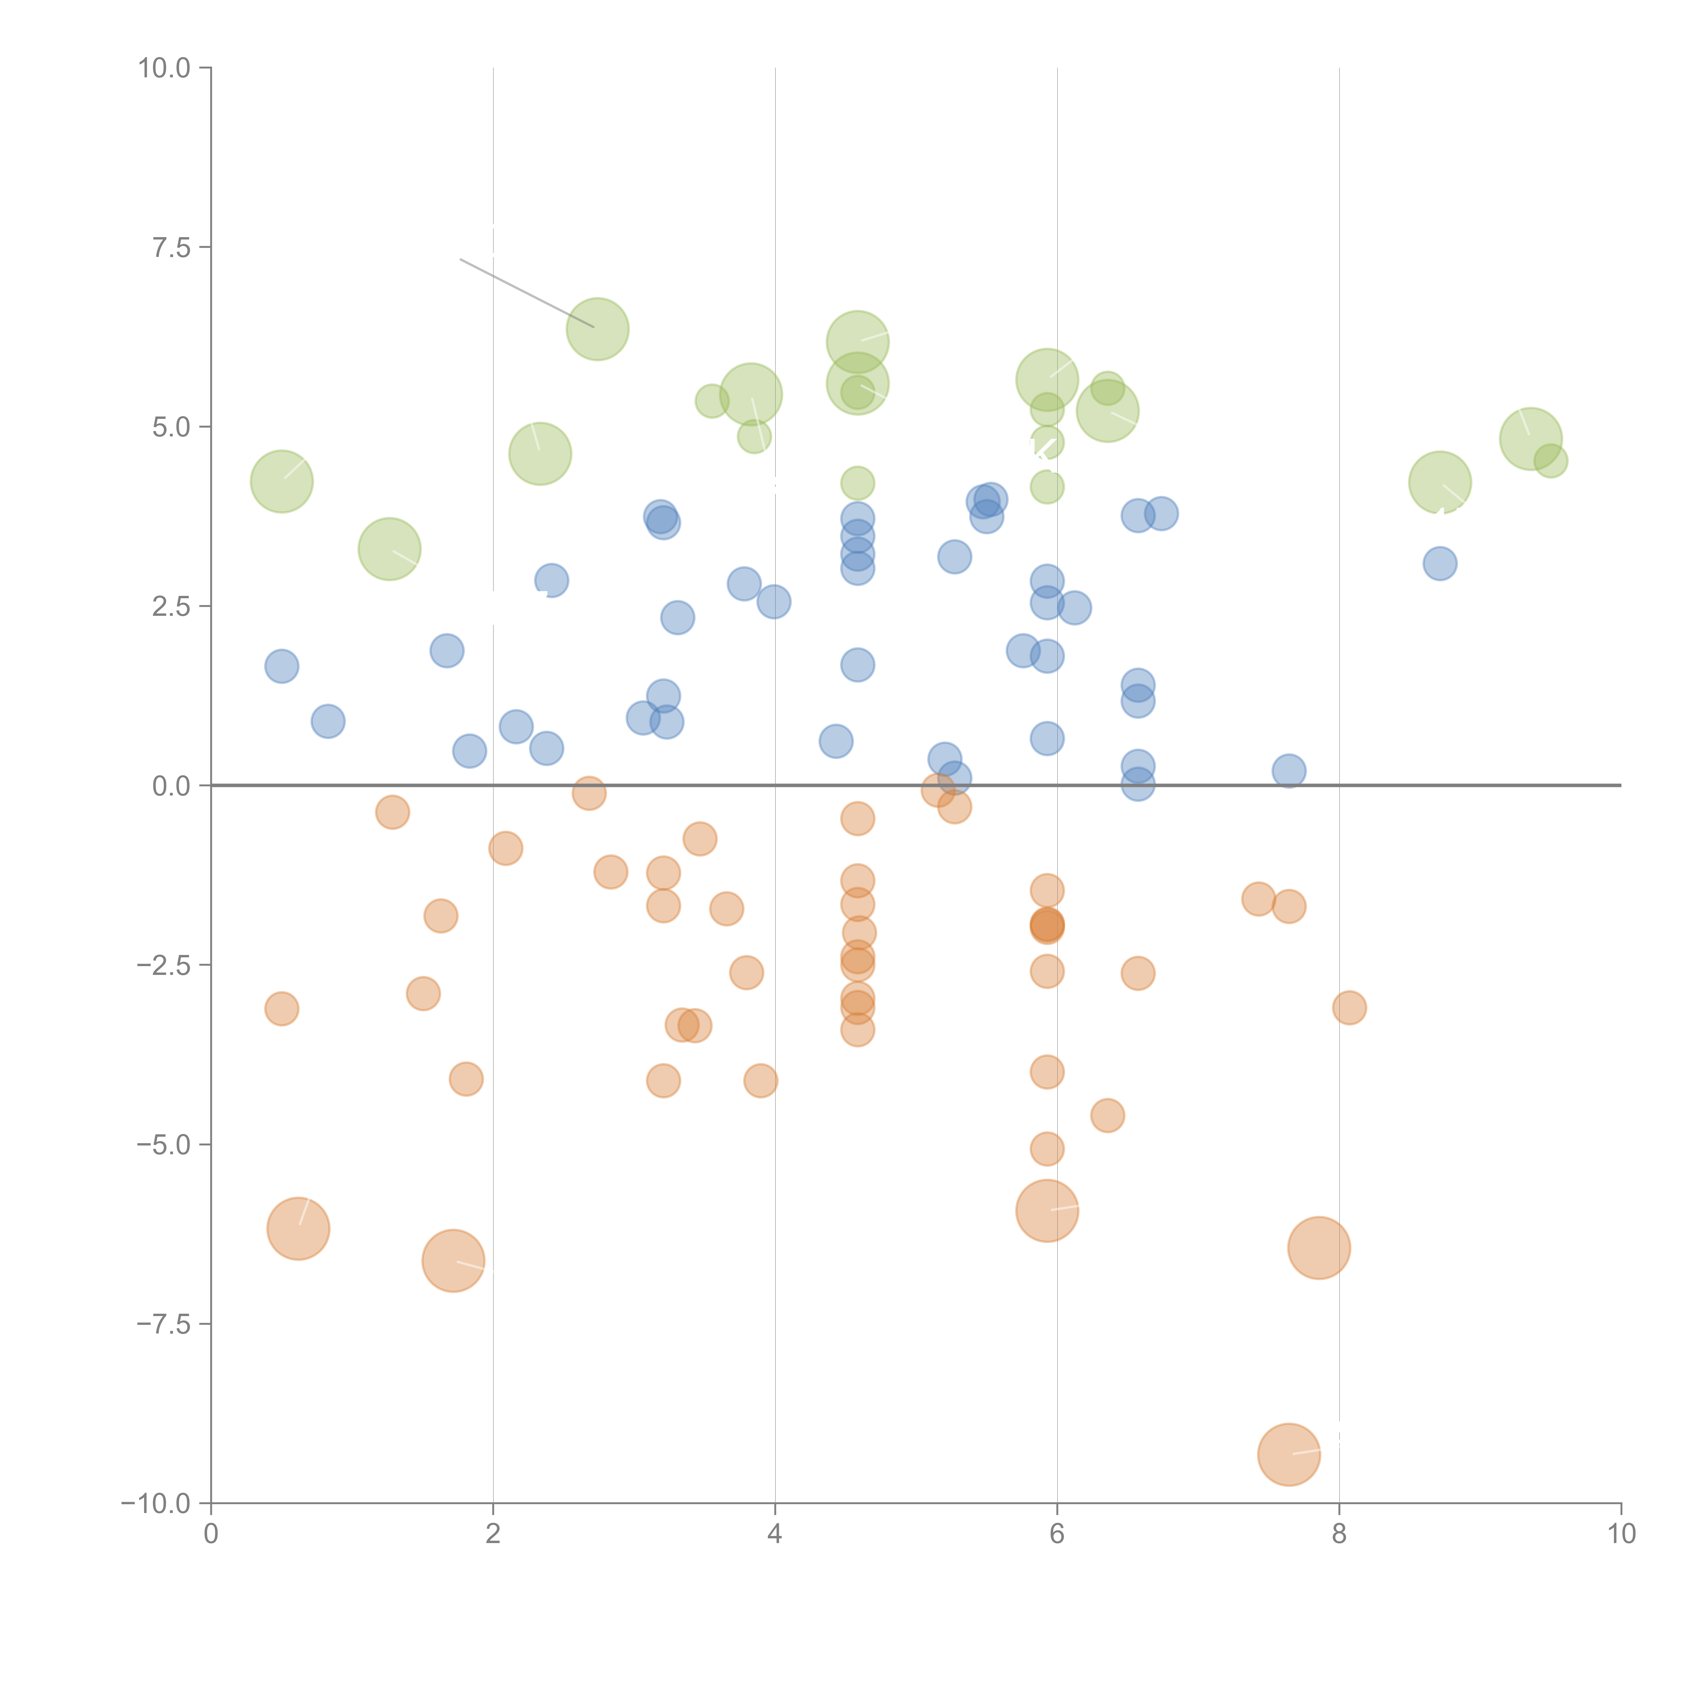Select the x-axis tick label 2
click(x=493, y=1534)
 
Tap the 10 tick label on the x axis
click(x=1621, y=1534)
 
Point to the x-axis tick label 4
click(x=775, y=1534)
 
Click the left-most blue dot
click(x=281, y=666)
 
